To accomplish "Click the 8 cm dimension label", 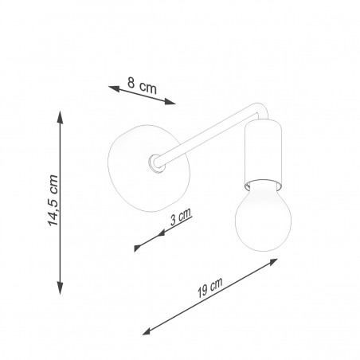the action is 142,85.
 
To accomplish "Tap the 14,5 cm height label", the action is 53,201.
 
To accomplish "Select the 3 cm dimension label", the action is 181,217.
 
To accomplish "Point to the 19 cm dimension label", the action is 209,288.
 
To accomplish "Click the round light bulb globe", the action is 263,219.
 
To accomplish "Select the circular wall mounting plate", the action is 149,168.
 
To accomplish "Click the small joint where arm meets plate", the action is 156,164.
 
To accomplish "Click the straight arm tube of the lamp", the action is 207,135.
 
